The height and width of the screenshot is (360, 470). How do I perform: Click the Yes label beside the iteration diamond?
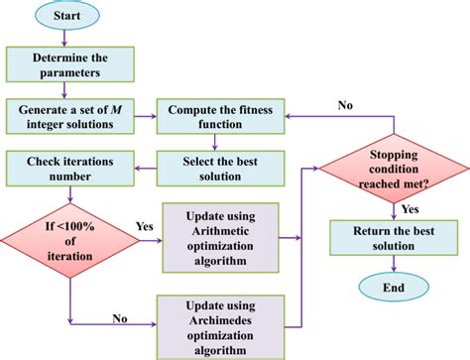point(144,226)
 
